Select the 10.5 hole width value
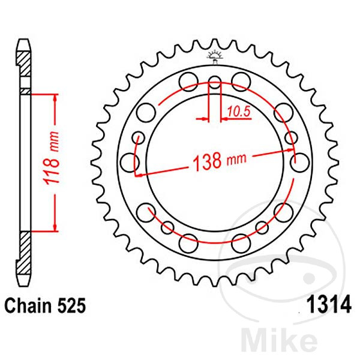[x=238, y=110]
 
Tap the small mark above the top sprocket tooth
[x=214, y=56]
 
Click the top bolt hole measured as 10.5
[x=215, y=82]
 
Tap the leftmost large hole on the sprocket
[x=128, y=161]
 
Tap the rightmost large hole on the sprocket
[x=296, y=161]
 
